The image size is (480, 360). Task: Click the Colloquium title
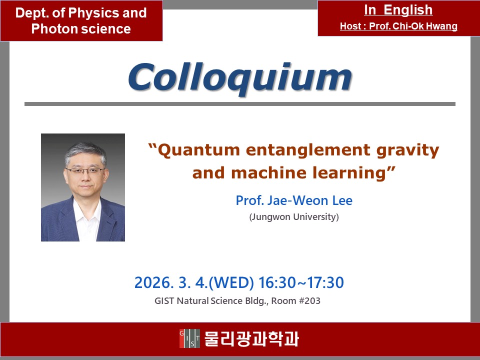(x=240, y=78)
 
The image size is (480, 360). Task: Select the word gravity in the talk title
(x=408, y=151)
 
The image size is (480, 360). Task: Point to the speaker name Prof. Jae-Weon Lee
(x=294, y=200)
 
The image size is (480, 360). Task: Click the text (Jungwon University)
(x=294, y=216)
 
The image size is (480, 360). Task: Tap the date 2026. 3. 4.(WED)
(x=194, y=282)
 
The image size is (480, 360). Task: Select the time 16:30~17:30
(x=301, y=282)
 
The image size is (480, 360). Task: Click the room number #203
(x=309, y=300)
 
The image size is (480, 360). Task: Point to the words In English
(x=398, y=10)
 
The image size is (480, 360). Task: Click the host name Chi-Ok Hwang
(x=425, y=26)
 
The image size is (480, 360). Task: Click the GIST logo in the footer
(x=190, y=338)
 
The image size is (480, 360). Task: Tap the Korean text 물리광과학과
(x=251, y=338)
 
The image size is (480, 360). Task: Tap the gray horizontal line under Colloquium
(x=240, y=104)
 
